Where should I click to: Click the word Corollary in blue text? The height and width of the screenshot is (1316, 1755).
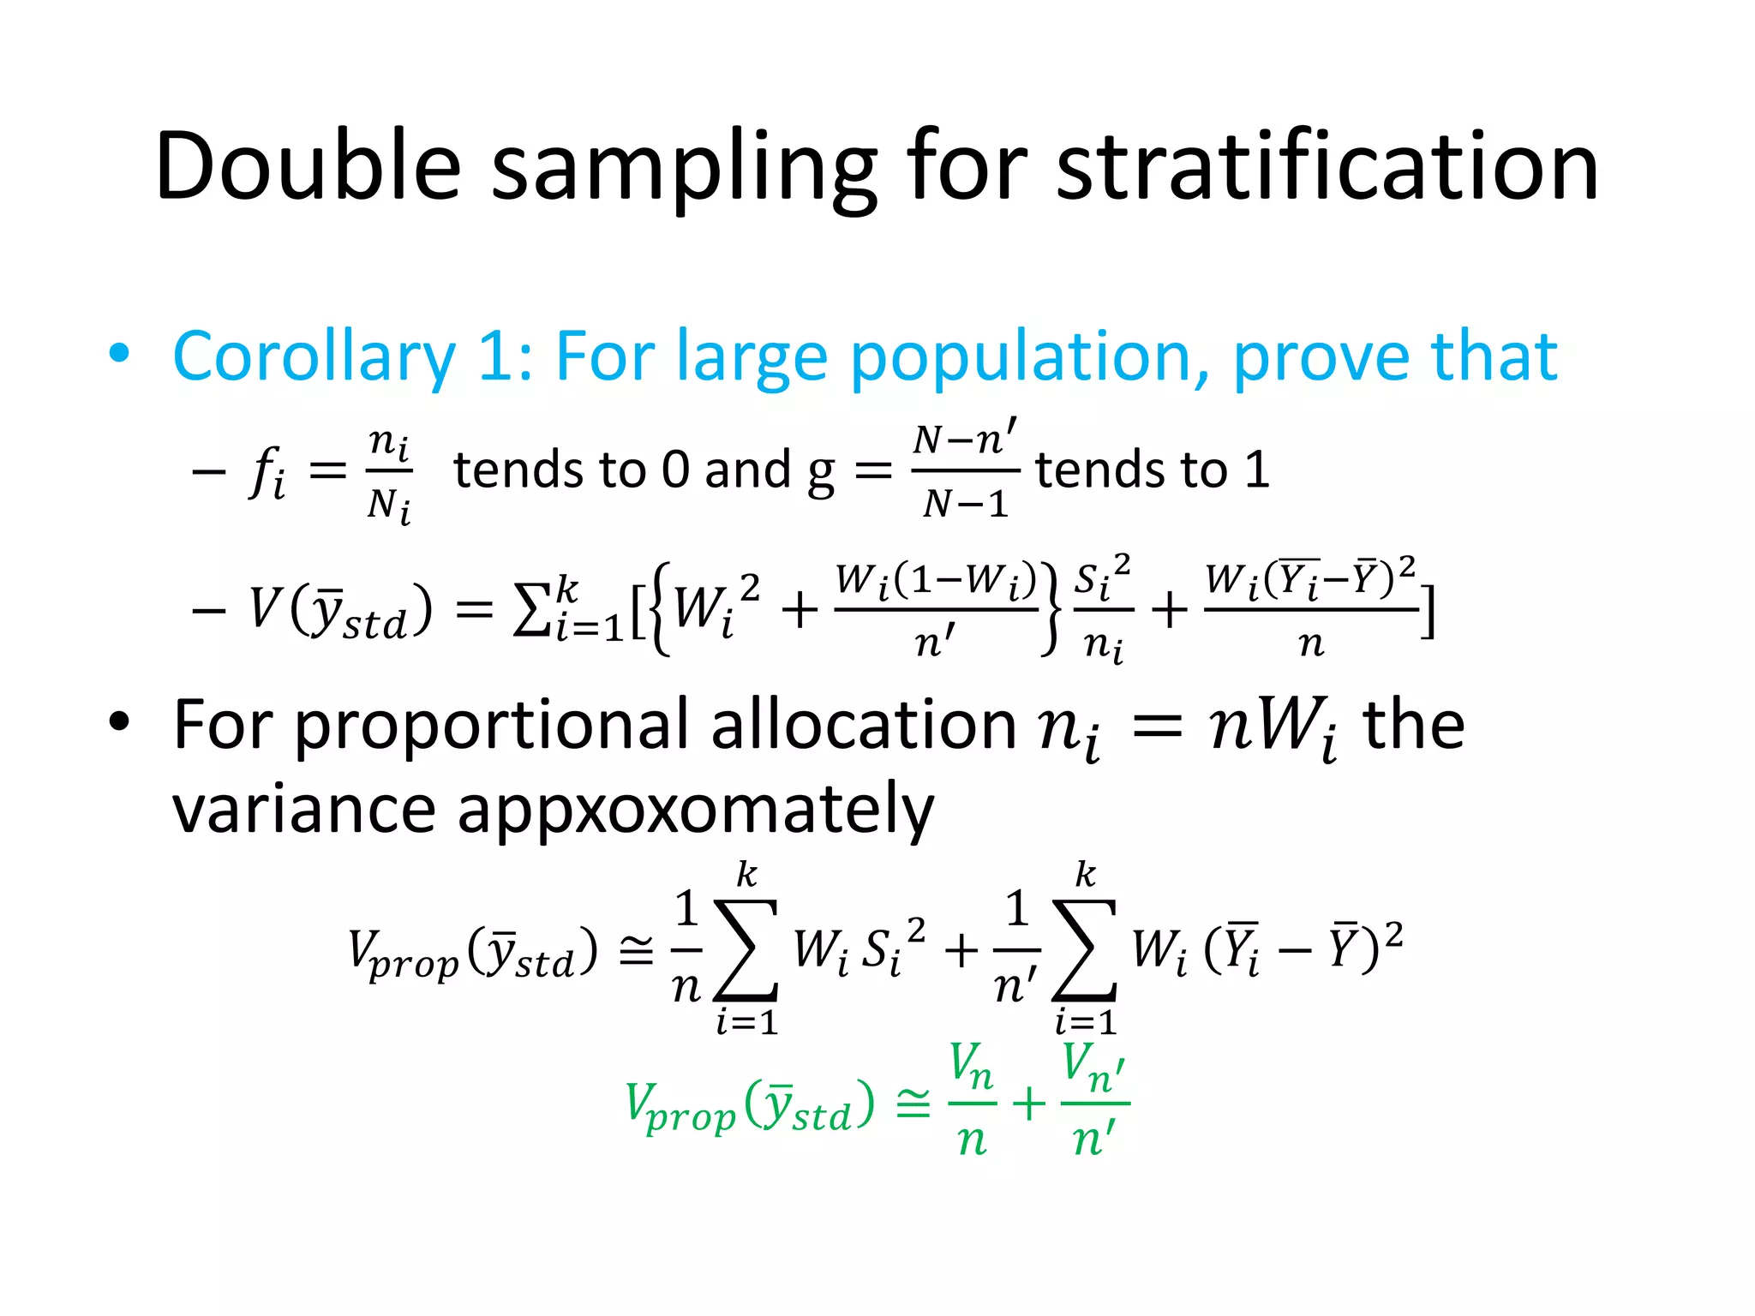pyautogui.click(x=314, y=356)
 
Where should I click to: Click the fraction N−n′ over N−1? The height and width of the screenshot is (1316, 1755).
pyautogui.click(x=965, y=470)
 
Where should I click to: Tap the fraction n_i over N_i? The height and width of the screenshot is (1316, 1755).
pyautogui.click(x=389, y=474)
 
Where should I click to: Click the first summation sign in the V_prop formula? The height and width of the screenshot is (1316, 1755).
pyautogui.click(x=746, y=949)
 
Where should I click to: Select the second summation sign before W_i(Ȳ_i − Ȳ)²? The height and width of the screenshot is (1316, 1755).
pyautogui.click(x=1085, y=949)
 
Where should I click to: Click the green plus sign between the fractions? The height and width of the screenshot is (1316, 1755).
pyautogui.click(x=1029, y=1104)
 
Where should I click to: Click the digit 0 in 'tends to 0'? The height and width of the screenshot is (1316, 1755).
pyautogui.click(x=675, y=470)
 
